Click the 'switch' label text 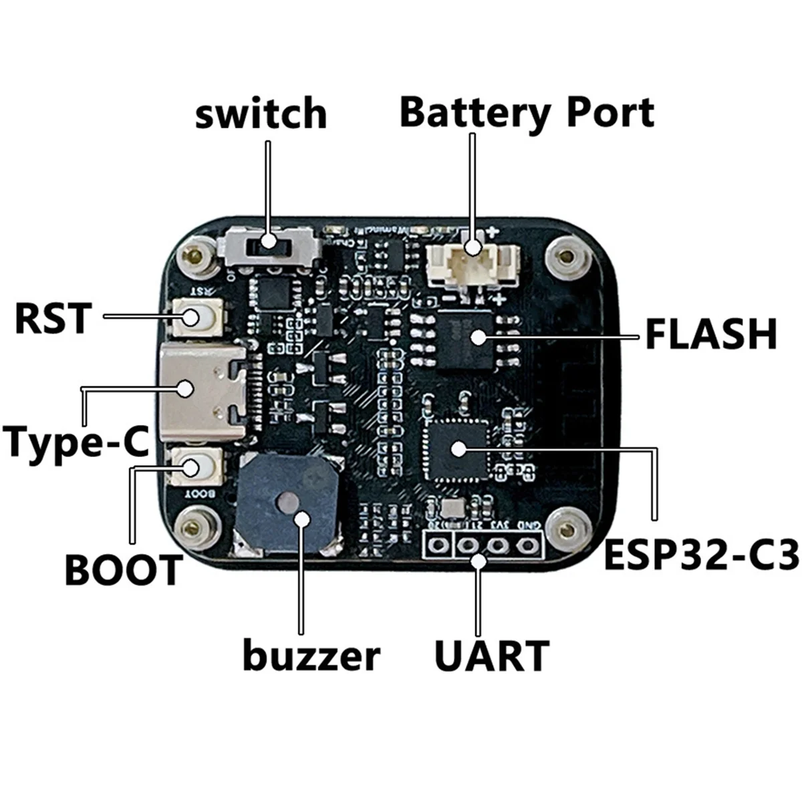(x=261, y=114)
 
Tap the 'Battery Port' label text (x=527, y=112)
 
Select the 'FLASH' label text (x=710, y=334)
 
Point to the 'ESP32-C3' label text (x=701, y=556)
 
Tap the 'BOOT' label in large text (x=123, y=570)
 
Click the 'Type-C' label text (x=76, y=442)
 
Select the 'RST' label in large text (x=53, y=317)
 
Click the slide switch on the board (x=269, y=244)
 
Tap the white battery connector (x=473, y=261)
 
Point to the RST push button (x=194, y=317)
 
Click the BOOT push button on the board (x=194, y=466)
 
